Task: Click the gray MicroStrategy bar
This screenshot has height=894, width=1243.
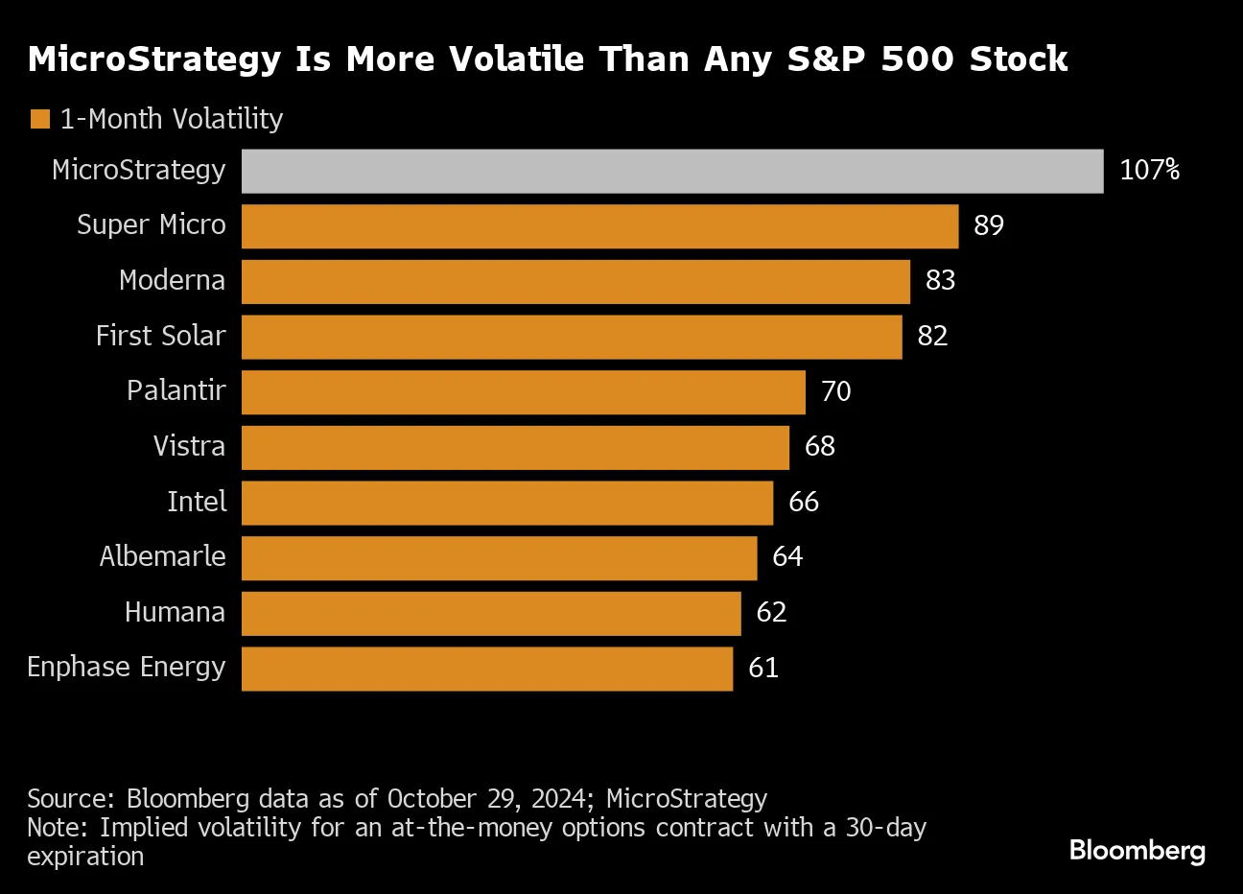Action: point(671,171)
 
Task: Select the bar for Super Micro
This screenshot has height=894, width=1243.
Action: point(599,226)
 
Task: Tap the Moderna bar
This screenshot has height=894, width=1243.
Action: point(575,281)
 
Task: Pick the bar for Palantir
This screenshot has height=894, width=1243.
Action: point(523,391)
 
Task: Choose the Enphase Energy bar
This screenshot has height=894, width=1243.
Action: point(487,669)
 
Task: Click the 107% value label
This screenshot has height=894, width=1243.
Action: point(1149,171)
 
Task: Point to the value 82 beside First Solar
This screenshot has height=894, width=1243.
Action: point(932,336)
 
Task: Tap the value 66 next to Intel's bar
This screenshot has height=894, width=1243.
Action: point(804,502)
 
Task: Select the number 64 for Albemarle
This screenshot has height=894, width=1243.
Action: point(787,557)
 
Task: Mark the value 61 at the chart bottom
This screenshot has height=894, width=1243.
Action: point(763,668)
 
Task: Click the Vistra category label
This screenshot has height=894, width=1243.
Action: point(189,446)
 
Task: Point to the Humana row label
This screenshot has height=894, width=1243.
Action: point(175,612)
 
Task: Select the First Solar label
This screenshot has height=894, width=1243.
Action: point(160,336)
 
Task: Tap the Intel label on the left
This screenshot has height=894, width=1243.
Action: point(197,502)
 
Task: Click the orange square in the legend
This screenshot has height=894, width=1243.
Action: point(40,120)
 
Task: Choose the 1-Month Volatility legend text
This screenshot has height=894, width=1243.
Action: point(172,119)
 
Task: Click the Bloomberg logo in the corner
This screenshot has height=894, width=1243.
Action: point(1137,850)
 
